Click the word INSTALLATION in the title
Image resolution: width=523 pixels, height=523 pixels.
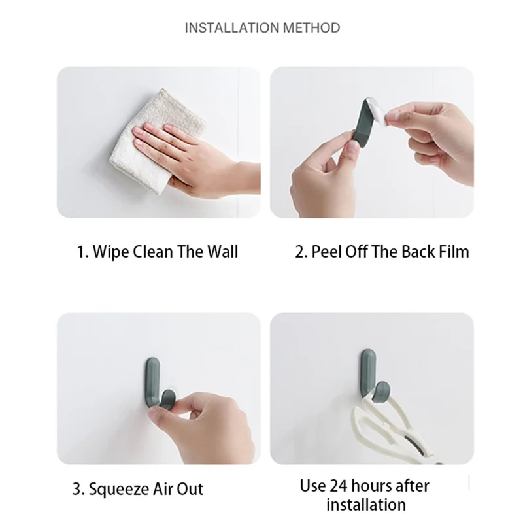pos(232,27)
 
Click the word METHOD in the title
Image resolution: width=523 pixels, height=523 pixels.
pos(312,27)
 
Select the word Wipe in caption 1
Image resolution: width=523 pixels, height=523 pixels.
pos(111,252)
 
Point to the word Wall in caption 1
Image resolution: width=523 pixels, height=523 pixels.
pos(222,252)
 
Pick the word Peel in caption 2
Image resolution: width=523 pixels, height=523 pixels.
pos(326,252)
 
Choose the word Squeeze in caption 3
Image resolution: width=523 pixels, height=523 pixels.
pos(119,490)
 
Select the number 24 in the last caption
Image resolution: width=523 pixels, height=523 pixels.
pos(338,486)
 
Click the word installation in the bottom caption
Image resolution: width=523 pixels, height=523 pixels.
pos(366,505)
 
